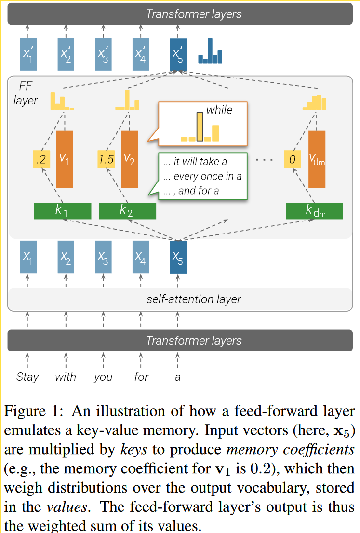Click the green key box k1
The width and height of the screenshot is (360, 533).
click(x=63, y=211)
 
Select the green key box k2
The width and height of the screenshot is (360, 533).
click(x=127, y=211)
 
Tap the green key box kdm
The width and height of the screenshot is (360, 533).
click(x=314, y=211)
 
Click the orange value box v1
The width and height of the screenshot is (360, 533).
click(x=65, y=159)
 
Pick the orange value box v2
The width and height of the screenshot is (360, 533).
click(x=129, y=159)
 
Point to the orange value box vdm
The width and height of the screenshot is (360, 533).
click(x=317, y=159)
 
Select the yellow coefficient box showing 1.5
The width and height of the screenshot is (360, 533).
click(x=106, y=159)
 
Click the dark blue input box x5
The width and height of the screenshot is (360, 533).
click(x=178, y=257)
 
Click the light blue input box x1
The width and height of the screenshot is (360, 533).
click(x=28, y=257)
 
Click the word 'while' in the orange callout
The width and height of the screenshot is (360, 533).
click(x=219, y=110)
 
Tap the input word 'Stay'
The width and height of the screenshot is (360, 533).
click(x=27, y=377)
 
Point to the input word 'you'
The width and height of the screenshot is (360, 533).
click(x=103, y=377)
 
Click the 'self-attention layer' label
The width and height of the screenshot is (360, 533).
click(x=194, y=299)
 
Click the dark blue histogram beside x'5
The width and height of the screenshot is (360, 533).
click(x=211, y=52)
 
